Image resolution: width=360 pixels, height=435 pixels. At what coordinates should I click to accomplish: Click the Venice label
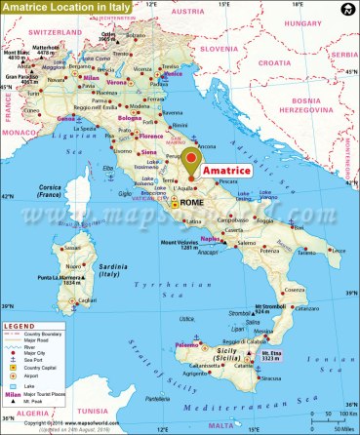pos(173,74)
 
